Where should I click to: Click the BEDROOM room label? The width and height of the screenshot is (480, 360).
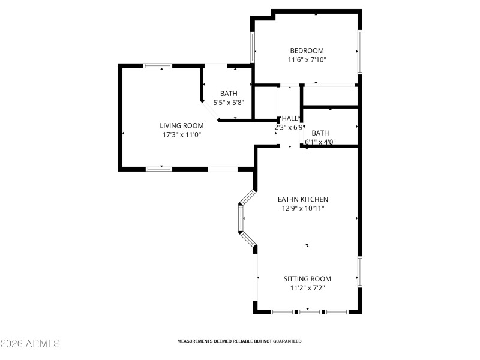coord(307,50)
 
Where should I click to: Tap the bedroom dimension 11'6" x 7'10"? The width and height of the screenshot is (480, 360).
coord(307,59)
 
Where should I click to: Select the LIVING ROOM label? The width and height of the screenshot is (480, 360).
coord(181,125)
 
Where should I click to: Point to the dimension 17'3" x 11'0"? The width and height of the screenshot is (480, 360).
coord(181,135)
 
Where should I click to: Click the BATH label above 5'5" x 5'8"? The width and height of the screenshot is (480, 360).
coord(228,93)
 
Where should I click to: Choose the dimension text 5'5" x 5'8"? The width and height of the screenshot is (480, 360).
coord(228,102)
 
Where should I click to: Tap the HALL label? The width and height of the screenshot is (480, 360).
coord(289,118)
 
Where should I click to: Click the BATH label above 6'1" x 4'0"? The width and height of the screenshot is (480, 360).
coord(320,133)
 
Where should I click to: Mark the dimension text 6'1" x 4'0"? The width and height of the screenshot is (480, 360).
coord(320,142)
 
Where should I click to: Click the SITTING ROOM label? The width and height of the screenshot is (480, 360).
coord(307,279)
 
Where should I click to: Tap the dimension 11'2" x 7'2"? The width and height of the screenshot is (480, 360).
coord(307,288)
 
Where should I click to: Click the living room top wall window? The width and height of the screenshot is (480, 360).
coord(157,65)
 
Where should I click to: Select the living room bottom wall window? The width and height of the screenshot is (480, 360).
coord(159,169)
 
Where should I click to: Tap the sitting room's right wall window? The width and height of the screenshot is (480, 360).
coord(359,271)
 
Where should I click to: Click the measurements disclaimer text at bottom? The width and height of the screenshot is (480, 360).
coord(239,341)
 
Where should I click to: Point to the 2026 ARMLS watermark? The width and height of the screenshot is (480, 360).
coord(30,344)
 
